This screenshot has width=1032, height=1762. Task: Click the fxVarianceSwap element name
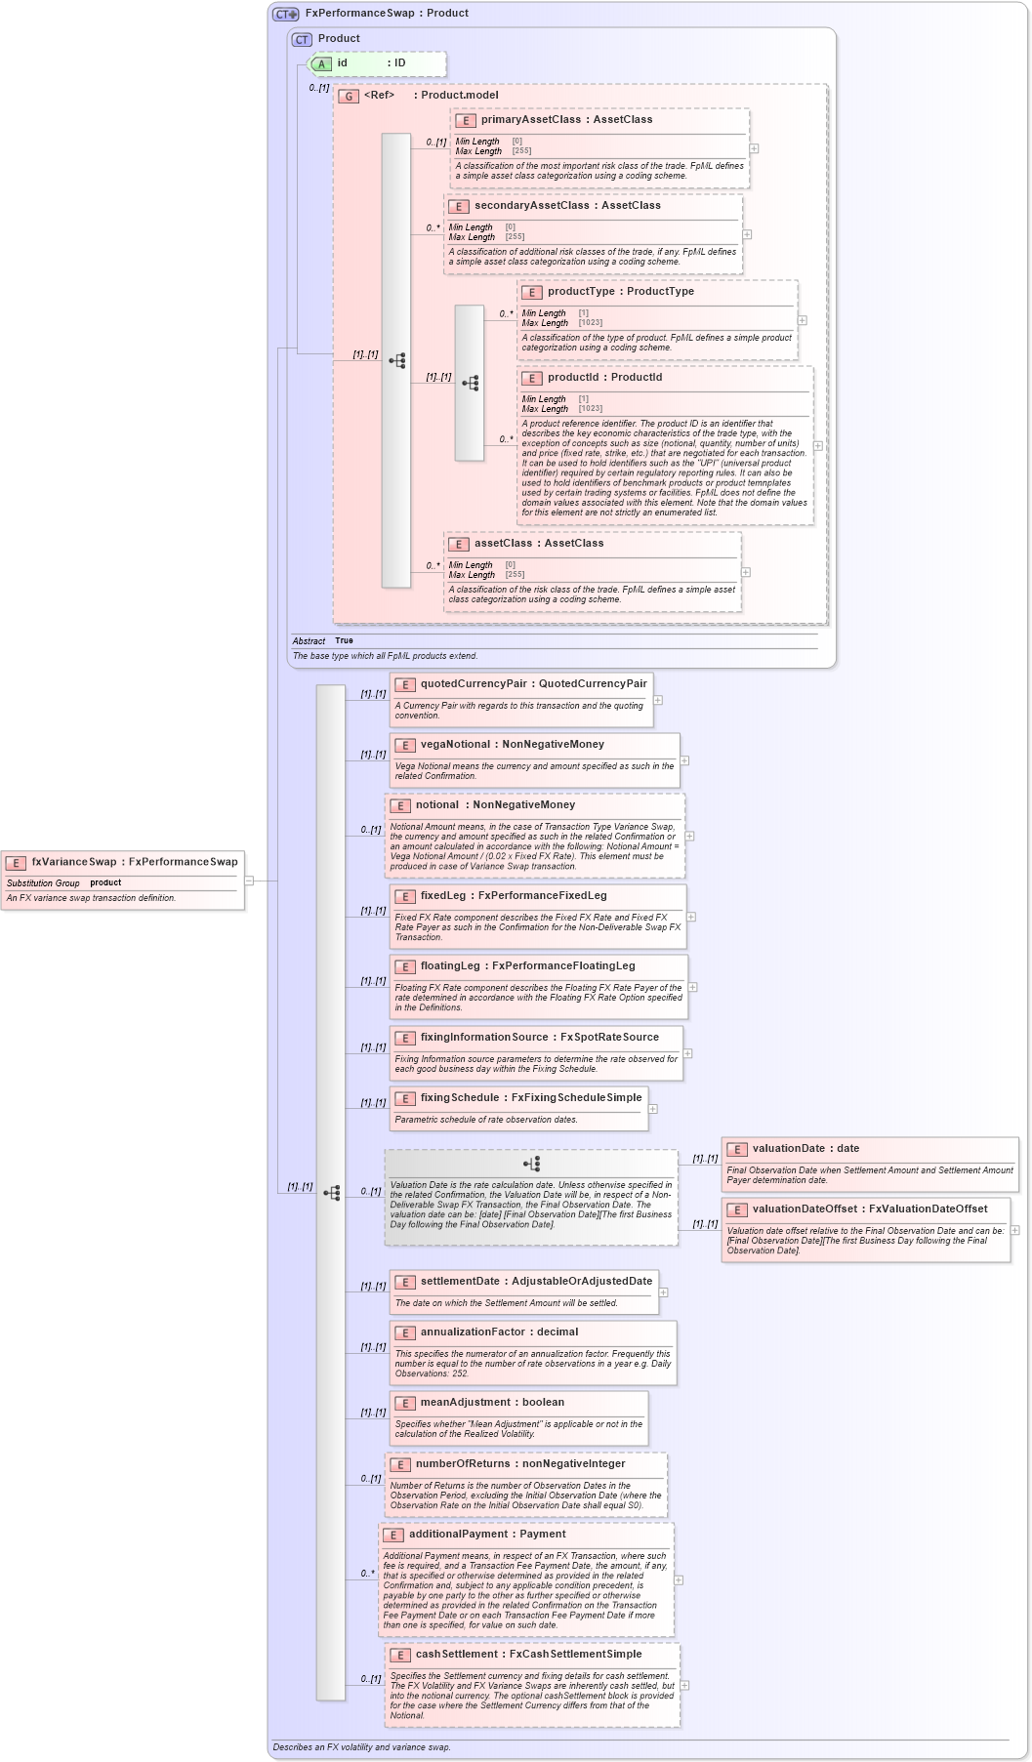(x=73, y=862)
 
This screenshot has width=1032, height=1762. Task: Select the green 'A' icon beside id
(x=321, y=63)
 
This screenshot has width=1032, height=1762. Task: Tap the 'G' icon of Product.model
(x=349, y=96)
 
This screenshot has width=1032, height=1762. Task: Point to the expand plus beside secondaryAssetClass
(x=747, y=234)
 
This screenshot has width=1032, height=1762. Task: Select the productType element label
(x=581, y=291)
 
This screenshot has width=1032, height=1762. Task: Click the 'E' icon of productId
(x=532, y=378)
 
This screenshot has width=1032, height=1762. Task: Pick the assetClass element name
(x=503, y=543)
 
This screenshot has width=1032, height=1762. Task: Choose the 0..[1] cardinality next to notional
(x=371, y=830)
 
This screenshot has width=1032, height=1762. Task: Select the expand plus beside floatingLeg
(x=692, y=987)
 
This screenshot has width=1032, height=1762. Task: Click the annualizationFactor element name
(x=472, y=1332)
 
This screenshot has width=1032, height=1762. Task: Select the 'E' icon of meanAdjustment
(x=404, y=1403)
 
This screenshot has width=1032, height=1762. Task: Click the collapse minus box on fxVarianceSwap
(x=249, y=881)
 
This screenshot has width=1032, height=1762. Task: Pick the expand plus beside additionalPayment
(x=679, y=1579)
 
